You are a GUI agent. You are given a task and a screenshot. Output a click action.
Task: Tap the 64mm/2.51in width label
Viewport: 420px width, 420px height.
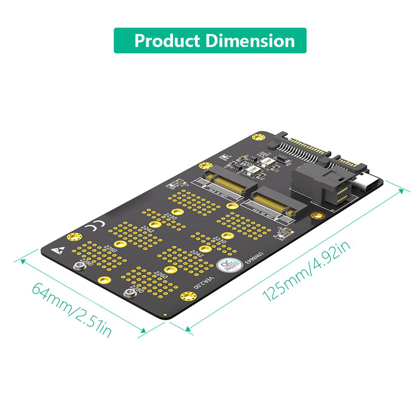[x=72, y=308]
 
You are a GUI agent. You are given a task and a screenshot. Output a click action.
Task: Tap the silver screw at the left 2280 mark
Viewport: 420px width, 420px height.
[x=80, y=266]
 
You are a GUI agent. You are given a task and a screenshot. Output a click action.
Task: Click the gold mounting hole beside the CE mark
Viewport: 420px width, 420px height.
[x=74, y=237]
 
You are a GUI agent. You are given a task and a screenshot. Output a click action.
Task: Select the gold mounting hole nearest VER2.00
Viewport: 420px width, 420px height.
[x=187, y=296]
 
